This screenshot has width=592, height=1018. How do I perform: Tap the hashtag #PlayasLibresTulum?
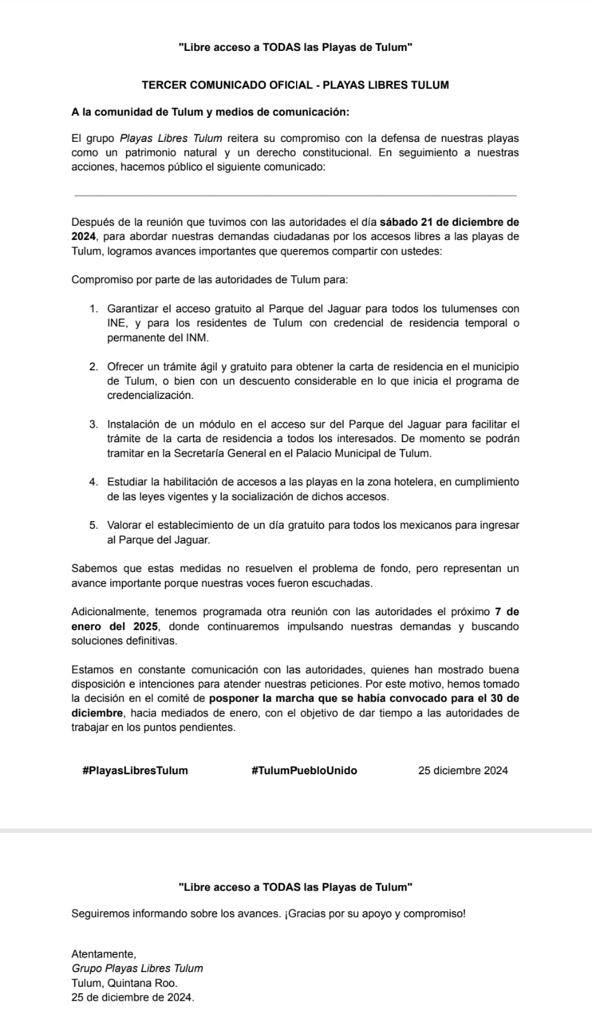(x=135, y=770)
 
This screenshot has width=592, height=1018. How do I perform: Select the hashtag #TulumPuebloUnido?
(x=304, y=770)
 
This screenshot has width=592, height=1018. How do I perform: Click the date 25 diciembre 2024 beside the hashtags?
(x=463, y=770)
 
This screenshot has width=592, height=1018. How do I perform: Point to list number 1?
(x=94, y=309)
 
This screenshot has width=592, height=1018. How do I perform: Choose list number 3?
(x=94, y=424)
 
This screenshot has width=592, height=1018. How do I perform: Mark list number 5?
(x=94, y=526)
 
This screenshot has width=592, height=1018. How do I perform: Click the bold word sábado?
(x=400, y=222)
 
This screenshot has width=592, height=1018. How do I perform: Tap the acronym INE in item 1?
(x=116, y=323)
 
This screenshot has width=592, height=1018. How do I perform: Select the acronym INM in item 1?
(x=196, y=338)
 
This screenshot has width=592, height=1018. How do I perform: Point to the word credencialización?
(x=150, y=395)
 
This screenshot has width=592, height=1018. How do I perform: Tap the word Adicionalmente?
(x=110, y=612)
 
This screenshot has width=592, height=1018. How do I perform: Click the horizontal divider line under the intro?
(x=295, y=196)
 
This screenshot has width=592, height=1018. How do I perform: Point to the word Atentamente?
(x=104, y=954)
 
